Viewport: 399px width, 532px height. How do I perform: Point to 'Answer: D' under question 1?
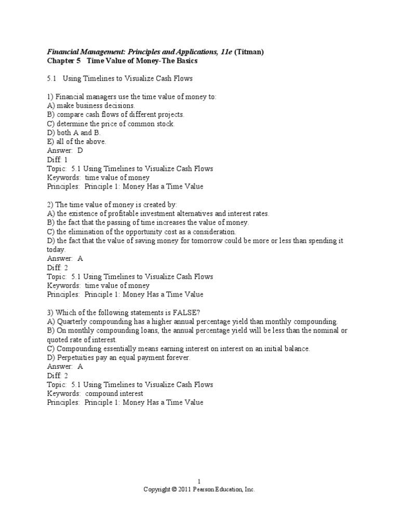65,150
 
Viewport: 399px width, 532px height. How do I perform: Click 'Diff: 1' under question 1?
57,159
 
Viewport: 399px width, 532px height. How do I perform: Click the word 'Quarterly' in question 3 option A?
72,322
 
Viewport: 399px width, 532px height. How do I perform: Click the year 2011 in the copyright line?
187,489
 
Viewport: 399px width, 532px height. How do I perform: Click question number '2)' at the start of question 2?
50,205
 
